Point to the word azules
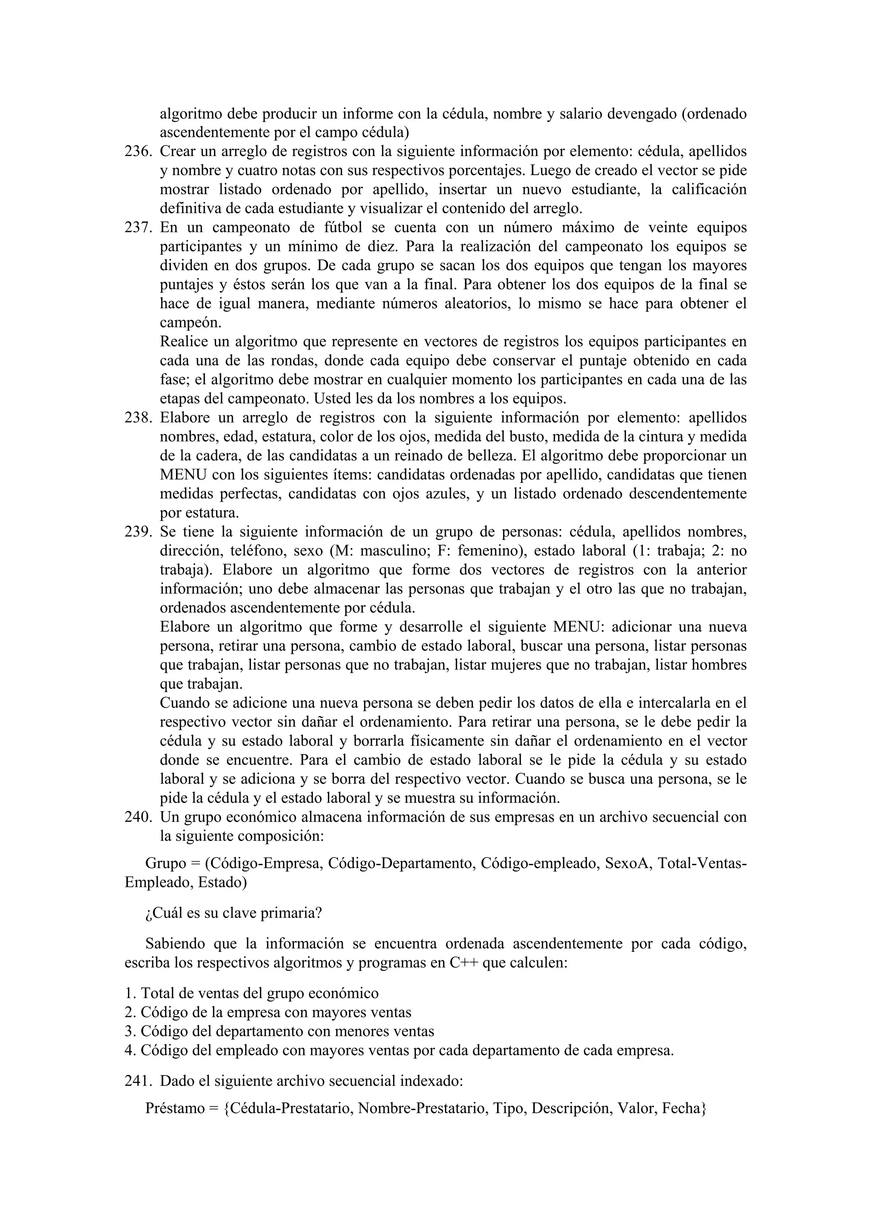tap(445, 494)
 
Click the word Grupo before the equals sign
tap(165, 863)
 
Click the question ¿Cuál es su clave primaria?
tap(233, 913)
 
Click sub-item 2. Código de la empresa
tap(268, 1013)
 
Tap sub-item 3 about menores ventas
tap(279, 1031)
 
